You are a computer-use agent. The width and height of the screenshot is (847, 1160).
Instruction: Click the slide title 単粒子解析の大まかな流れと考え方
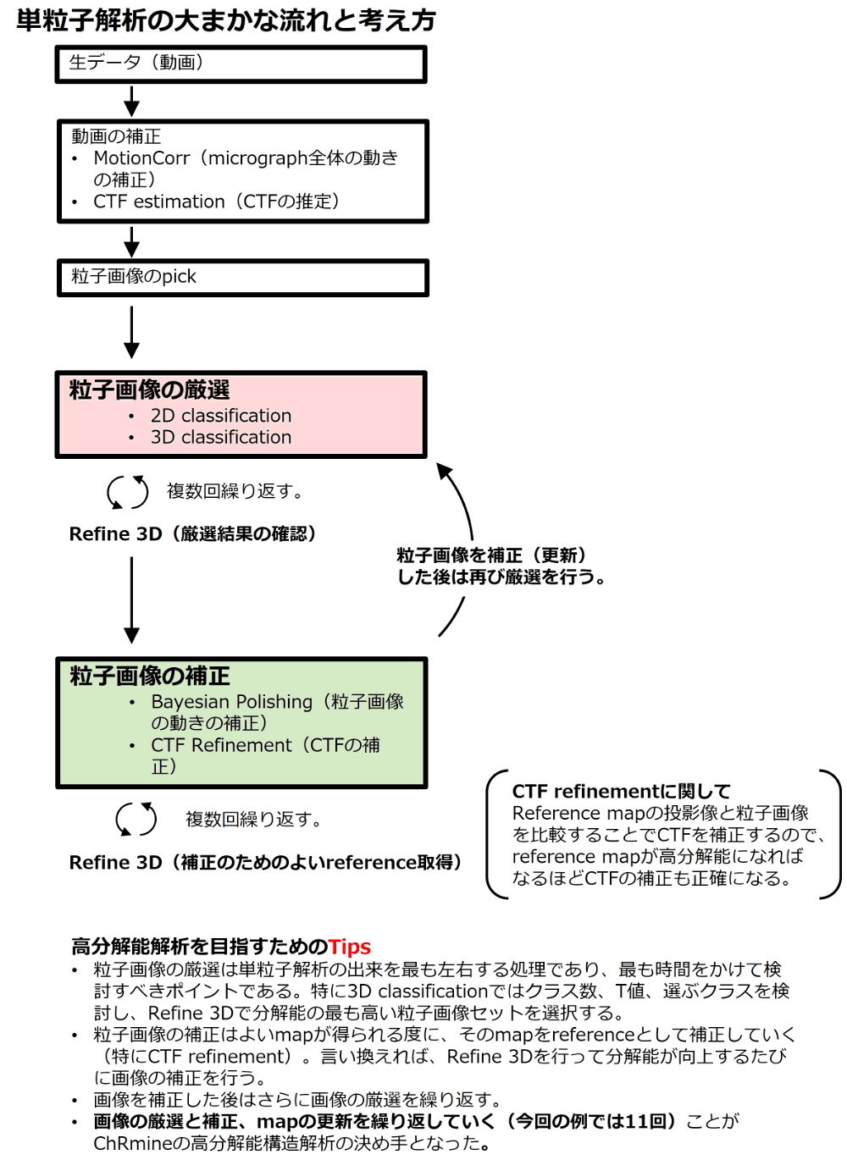[226, 20]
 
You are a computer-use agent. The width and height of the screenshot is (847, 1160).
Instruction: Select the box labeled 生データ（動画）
[241, 64]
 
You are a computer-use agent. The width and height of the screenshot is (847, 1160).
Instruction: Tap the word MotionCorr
[141, 158]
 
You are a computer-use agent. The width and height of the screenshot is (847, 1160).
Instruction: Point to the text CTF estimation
[159, 202]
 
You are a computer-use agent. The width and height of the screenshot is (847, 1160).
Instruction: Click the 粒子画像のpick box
[243, 278]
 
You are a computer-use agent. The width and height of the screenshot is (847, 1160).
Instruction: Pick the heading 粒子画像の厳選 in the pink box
[149, 389]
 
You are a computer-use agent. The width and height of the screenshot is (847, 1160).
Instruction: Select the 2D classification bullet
[221, 416]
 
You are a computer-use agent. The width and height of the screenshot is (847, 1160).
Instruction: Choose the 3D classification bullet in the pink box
[221, 437]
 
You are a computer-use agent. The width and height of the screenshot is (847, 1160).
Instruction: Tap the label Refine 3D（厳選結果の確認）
[193, 534]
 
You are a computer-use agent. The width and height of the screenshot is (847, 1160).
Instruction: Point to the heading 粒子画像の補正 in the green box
[150, 676]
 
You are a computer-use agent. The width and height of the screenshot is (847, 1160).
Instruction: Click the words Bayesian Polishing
[231, 702]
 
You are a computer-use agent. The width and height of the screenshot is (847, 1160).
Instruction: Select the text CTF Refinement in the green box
[221, 745]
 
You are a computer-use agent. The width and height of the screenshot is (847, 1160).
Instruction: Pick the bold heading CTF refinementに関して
[621, 792]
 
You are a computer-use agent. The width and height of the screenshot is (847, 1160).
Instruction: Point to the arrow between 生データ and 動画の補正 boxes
[131, 102]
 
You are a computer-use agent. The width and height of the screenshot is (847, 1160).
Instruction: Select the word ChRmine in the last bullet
[133, 1144]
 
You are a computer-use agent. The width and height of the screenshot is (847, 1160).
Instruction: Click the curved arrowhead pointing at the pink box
[444, 470]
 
